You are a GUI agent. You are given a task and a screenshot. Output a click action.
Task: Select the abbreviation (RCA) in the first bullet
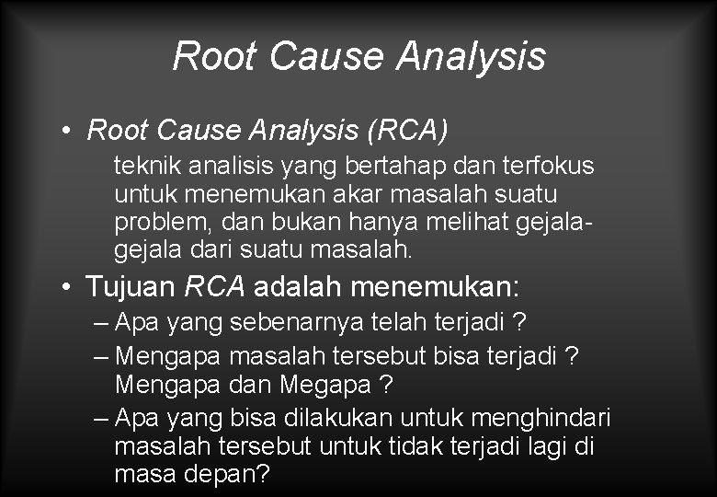pos(407,130)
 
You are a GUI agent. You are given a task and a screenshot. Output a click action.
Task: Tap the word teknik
pos(142,166)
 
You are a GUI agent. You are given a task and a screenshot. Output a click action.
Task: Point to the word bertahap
pos(399,166)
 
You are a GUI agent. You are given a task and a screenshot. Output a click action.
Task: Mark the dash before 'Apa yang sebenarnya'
pos(101,324)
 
